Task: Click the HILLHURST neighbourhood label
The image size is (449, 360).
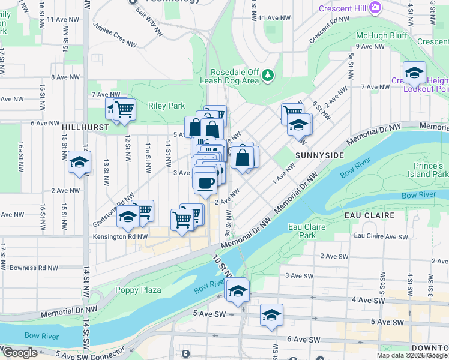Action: click(x=85, y=127)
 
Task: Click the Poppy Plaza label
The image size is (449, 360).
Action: click(x=138, y=290)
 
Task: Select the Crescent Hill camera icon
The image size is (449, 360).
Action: click(x=375, y=7)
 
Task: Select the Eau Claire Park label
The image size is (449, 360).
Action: click(x=302, y=230)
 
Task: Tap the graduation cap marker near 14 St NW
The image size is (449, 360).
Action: click(x=79, y=161)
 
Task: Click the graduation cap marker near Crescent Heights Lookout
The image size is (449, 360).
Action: click(x=414, y=72)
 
